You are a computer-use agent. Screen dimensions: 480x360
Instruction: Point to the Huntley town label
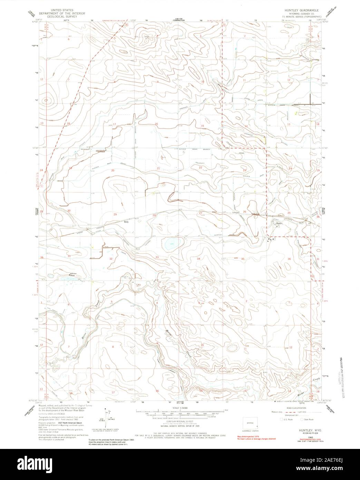pos(279,223)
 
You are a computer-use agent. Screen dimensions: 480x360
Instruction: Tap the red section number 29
pos(115,214)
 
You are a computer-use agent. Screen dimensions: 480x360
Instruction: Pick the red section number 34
pos(198,259)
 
